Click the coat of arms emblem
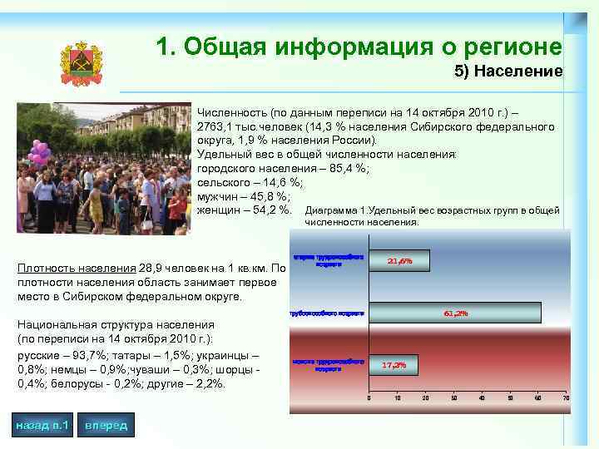81,64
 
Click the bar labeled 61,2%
454,313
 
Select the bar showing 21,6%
399,261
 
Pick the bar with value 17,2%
393,365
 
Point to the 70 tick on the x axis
567,398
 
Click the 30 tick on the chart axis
453,398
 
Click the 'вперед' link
106,426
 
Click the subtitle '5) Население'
508,72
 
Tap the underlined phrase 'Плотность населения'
72,269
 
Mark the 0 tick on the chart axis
369,398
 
